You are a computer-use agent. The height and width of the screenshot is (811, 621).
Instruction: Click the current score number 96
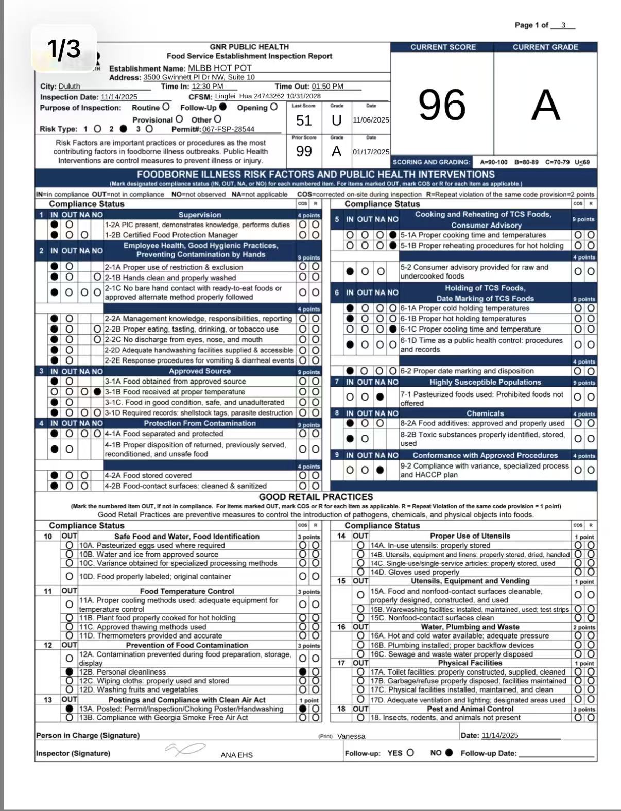[x=442, y=105]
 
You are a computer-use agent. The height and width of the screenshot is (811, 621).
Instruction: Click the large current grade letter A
[x=545, y=105]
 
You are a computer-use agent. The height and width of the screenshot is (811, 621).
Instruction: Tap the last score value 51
[x=304, y=120]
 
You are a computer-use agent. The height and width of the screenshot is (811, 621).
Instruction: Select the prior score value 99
[x=304, y=151]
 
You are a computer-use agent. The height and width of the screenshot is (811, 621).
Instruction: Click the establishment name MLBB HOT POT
[x=220, y=68]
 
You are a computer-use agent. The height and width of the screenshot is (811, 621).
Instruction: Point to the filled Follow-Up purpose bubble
[x=223, y=107]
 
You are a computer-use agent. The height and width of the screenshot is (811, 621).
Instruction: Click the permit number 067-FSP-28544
[x=228, y=129]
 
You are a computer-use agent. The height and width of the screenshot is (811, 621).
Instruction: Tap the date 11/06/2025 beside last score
[x=371, y=120]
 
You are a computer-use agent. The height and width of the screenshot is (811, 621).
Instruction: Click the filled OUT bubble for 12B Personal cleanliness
[x=70, y=671]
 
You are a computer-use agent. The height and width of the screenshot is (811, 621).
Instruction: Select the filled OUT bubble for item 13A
[x=70, y=709]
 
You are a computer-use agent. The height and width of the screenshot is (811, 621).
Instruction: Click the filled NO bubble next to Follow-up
[x=449, y=753]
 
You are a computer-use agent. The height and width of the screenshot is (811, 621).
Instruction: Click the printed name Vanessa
[x=351, y=736]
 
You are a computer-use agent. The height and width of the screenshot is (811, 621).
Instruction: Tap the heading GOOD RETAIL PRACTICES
[x=316, y=497]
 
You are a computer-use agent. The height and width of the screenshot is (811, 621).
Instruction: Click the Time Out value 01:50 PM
[x=327, y=87]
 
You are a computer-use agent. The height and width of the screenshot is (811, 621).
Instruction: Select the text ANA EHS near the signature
[x=237, y=755]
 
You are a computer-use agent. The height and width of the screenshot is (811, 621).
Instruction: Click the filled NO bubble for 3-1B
[x=98, y=392]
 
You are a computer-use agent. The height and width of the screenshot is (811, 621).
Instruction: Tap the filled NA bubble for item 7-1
[x=380, y=397]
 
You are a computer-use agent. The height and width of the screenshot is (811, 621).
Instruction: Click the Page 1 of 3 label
[x=544, y=25]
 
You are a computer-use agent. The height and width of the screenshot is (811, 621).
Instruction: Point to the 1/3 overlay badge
[x=64, y=48]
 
